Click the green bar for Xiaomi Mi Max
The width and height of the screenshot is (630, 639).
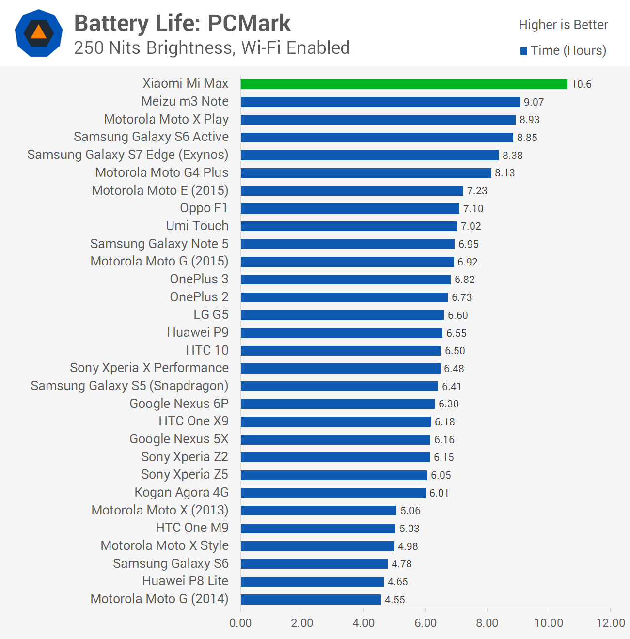click(404, 84)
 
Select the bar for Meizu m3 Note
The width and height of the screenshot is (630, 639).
click(380, 102)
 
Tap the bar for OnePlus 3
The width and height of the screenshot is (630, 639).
click(346, 280)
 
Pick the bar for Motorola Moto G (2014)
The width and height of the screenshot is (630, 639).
click(311, 599)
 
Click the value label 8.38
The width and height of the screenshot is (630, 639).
click(512, 155)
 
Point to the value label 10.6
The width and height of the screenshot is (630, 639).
click(581, 84)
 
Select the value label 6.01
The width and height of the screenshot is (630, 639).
click(439, 493)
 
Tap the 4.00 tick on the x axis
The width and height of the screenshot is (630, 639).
click(363, 623)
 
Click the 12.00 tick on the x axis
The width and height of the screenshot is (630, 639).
click(610, 623)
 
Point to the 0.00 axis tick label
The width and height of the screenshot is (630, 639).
click(240, 623)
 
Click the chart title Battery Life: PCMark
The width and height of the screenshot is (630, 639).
click(182, 23)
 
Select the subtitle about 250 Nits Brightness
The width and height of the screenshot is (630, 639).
click(212, 48)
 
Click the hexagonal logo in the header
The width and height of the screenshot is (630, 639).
click(39, 33)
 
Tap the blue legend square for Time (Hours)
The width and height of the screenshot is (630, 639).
click(524, 51)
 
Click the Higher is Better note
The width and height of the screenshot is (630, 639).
click(563, 25)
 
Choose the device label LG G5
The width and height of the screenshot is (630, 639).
click(211, 315)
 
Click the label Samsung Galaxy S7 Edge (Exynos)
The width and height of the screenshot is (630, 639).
click(128, 155)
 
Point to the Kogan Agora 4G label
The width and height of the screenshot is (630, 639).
click(181, 493)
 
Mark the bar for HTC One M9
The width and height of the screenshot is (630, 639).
click(318, 528)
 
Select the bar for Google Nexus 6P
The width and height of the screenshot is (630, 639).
click(337, 404)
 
